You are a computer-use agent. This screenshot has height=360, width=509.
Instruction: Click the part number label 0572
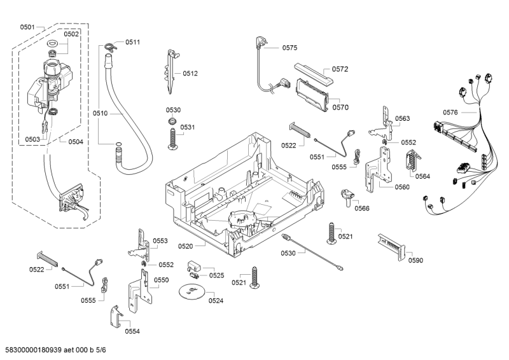coord(340,69)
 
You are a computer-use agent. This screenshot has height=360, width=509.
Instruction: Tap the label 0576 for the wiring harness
coord(450,113)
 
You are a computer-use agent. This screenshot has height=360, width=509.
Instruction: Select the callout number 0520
coord(186,246)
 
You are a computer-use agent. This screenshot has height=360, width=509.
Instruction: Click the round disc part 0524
coord(190,291)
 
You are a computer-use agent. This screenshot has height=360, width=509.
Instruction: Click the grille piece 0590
coord(390,245)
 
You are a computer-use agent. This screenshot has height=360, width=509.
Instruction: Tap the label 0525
coord(217,275)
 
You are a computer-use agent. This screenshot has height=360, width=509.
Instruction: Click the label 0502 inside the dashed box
coord(71,34)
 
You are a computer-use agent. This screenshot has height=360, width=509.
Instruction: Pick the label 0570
coord(340,107)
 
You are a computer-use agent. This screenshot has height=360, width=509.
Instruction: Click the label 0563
coord(402,118)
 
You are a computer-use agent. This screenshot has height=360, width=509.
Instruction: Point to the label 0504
coord(76,141)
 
